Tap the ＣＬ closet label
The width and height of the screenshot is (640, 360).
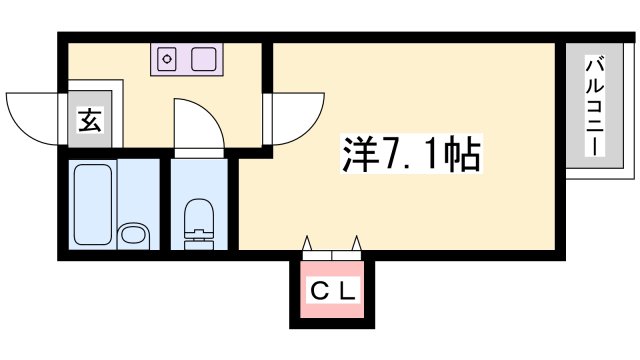click(x=330, y=292)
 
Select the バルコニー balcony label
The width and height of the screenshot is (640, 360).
click(x=594, y=104)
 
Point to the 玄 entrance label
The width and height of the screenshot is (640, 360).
click(x=89, y=122)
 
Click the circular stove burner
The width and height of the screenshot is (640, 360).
click(x=168, y=58)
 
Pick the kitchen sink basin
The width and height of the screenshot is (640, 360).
click(x=204, y=58)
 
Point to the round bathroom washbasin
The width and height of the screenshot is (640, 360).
click(x=131, y=237)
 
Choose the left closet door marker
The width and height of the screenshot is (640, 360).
click(x=307, y=242)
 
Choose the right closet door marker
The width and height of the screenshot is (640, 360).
click(x=354, y=242)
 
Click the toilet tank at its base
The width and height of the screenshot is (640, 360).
click(x=200, y=239)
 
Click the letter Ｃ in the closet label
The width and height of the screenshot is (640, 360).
click(x=317, y=292)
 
